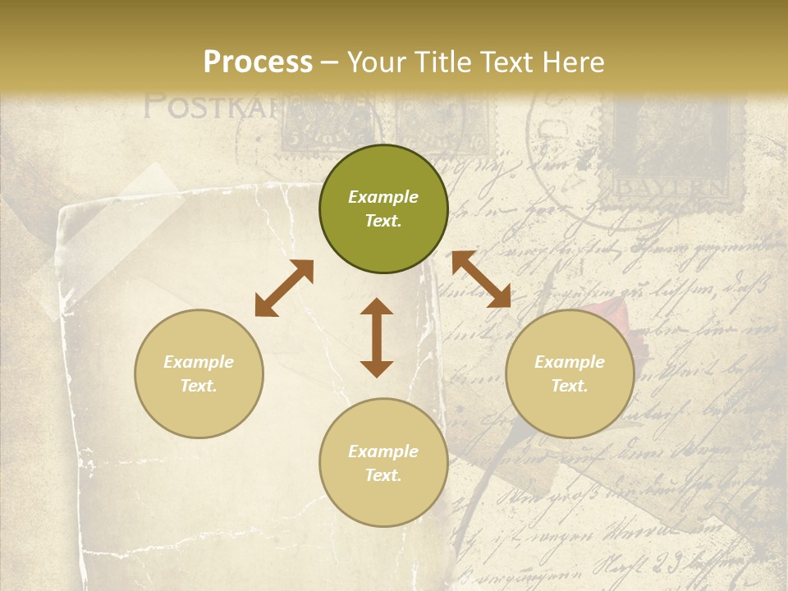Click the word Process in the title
tap(258, 62)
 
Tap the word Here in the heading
tap(573, 62)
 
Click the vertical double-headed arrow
tap(377, 337)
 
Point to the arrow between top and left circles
tap(284, 288)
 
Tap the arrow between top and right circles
tap(481, 279)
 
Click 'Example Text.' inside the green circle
tap(383, 208)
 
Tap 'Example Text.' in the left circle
tap(199, 373)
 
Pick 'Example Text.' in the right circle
tap(570, 373)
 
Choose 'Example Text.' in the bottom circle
tap(383, 463)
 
